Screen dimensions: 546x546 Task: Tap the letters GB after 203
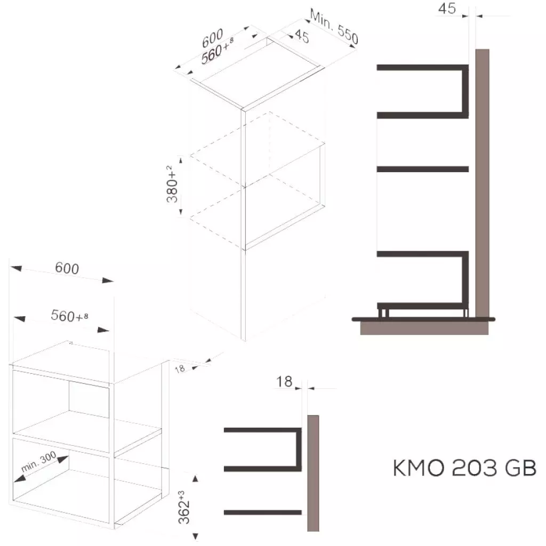tap(519, 469)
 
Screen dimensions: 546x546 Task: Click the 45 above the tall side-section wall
tap(447, 9)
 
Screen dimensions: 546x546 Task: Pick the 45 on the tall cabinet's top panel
tap(301, 37)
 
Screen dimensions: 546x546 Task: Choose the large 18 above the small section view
tap(285, 381)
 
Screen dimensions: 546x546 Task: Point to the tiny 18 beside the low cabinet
tap(180, 368)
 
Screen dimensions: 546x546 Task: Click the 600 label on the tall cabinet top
tap(212, 38)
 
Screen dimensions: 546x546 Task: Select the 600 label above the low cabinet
tap(67, 268)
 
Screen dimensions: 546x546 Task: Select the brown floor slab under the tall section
tap(424, 328)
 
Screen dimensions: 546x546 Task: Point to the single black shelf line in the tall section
tap(423, 170)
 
